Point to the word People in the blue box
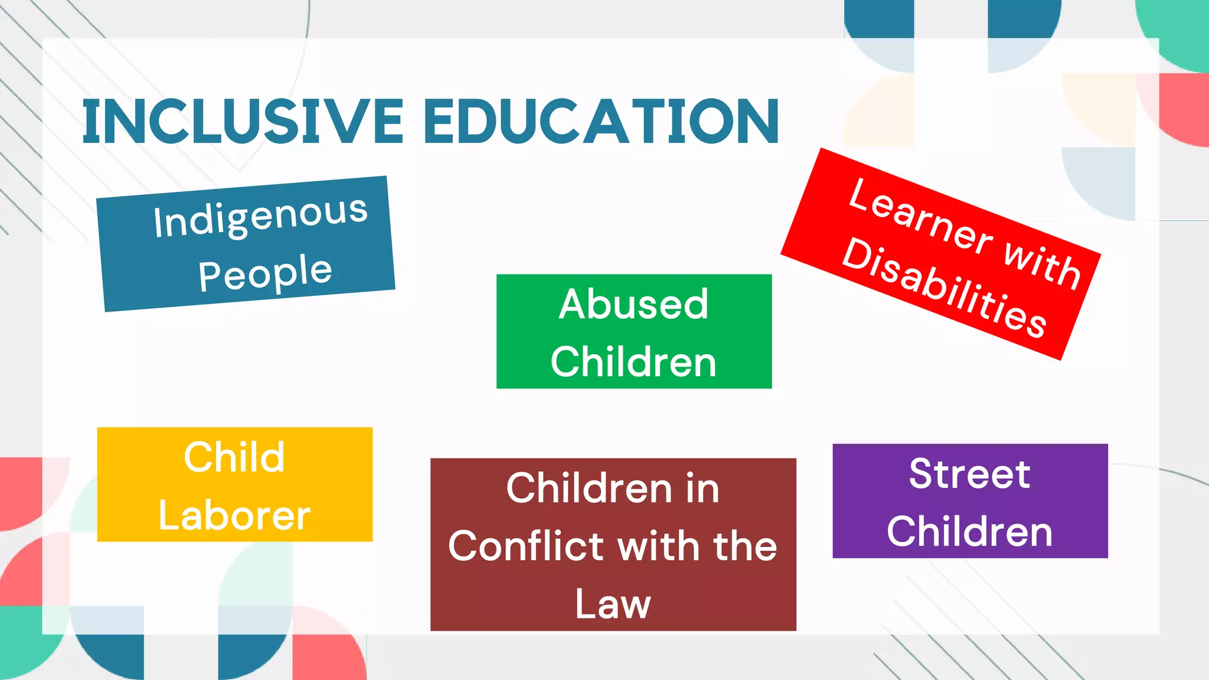click(265, 273)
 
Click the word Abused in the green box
click(633, 304)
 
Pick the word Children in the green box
click(633, 361)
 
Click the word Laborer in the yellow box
click(234, 515)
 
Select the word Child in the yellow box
click(234, 457)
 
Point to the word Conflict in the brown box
click(525, 545)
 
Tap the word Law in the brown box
click(613, 603)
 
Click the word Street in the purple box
click(970, 473)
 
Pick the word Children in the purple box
click(970, 531)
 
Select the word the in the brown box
click(745, 545)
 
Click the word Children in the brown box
click(589, 488)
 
